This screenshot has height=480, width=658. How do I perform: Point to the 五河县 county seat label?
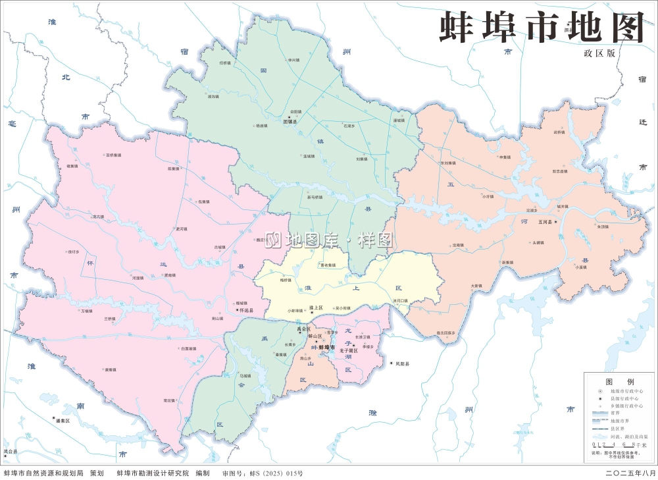tap(547, 223)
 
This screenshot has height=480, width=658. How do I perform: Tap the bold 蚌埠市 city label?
tap(327, 347)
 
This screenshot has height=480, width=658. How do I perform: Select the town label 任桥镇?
tap(225, 63)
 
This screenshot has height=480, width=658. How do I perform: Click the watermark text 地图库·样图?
tap(332, 240)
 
